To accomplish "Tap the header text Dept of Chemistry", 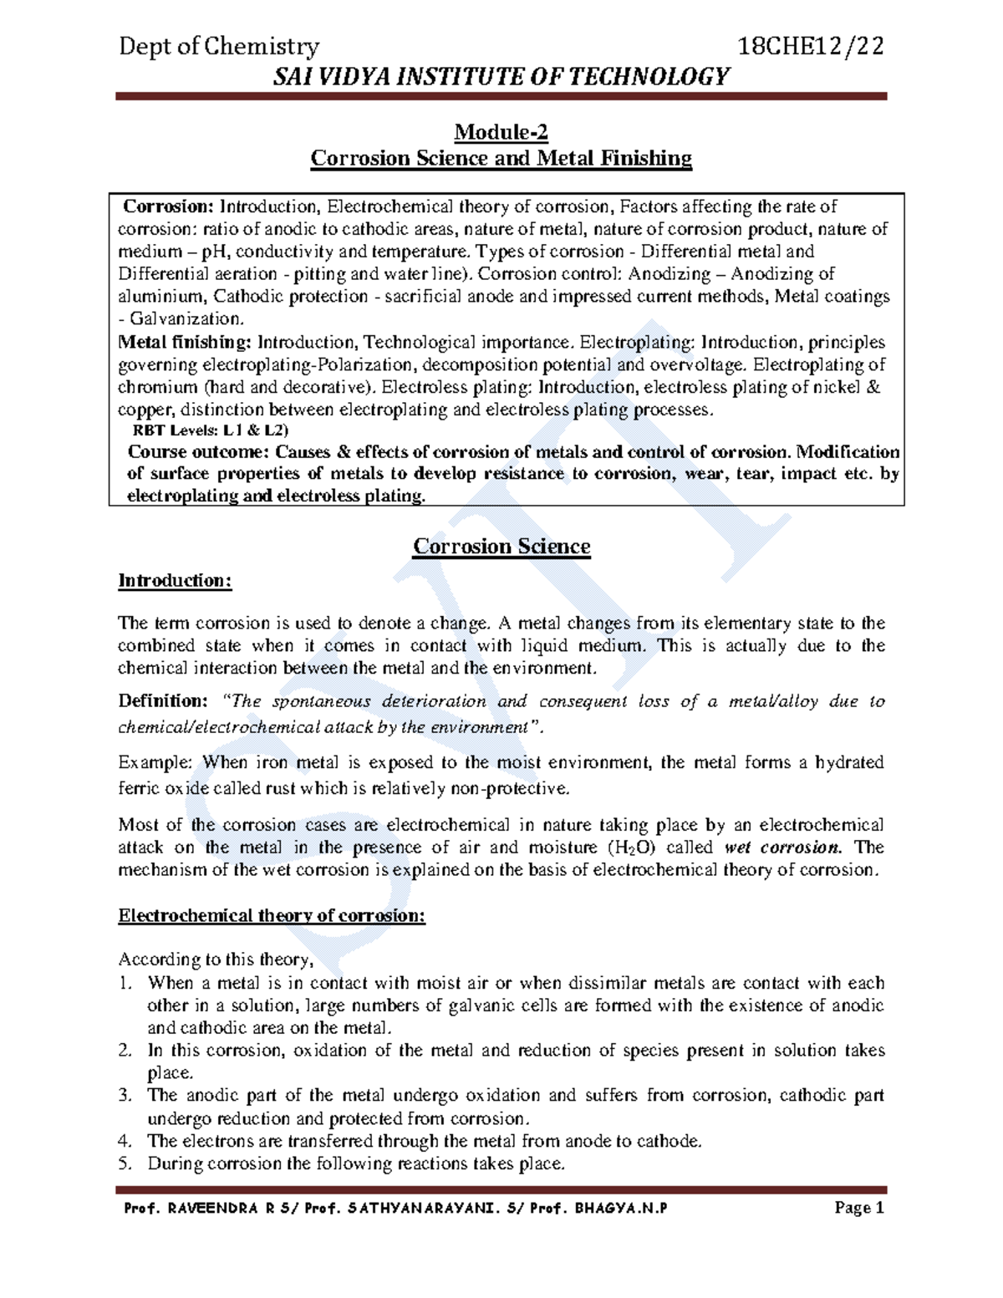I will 219,46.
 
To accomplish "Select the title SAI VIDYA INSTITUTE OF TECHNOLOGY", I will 501,77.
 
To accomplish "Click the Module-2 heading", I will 501,132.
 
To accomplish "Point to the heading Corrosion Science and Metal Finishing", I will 501,158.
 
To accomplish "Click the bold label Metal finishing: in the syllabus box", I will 185,342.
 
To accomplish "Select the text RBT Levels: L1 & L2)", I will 210,430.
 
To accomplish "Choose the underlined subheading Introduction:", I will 175,580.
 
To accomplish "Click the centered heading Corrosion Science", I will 501,547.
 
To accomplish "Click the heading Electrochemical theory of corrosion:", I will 272,915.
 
